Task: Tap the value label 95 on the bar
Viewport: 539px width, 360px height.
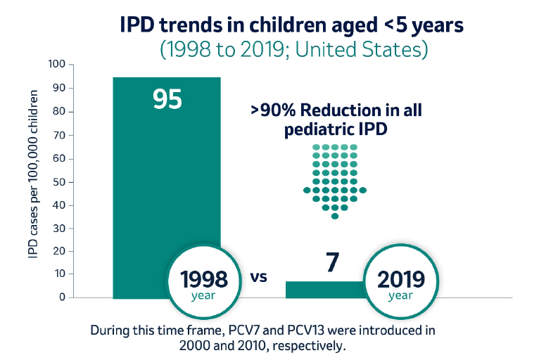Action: [167, 99]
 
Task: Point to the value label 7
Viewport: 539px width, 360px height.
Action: [333, 262]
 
